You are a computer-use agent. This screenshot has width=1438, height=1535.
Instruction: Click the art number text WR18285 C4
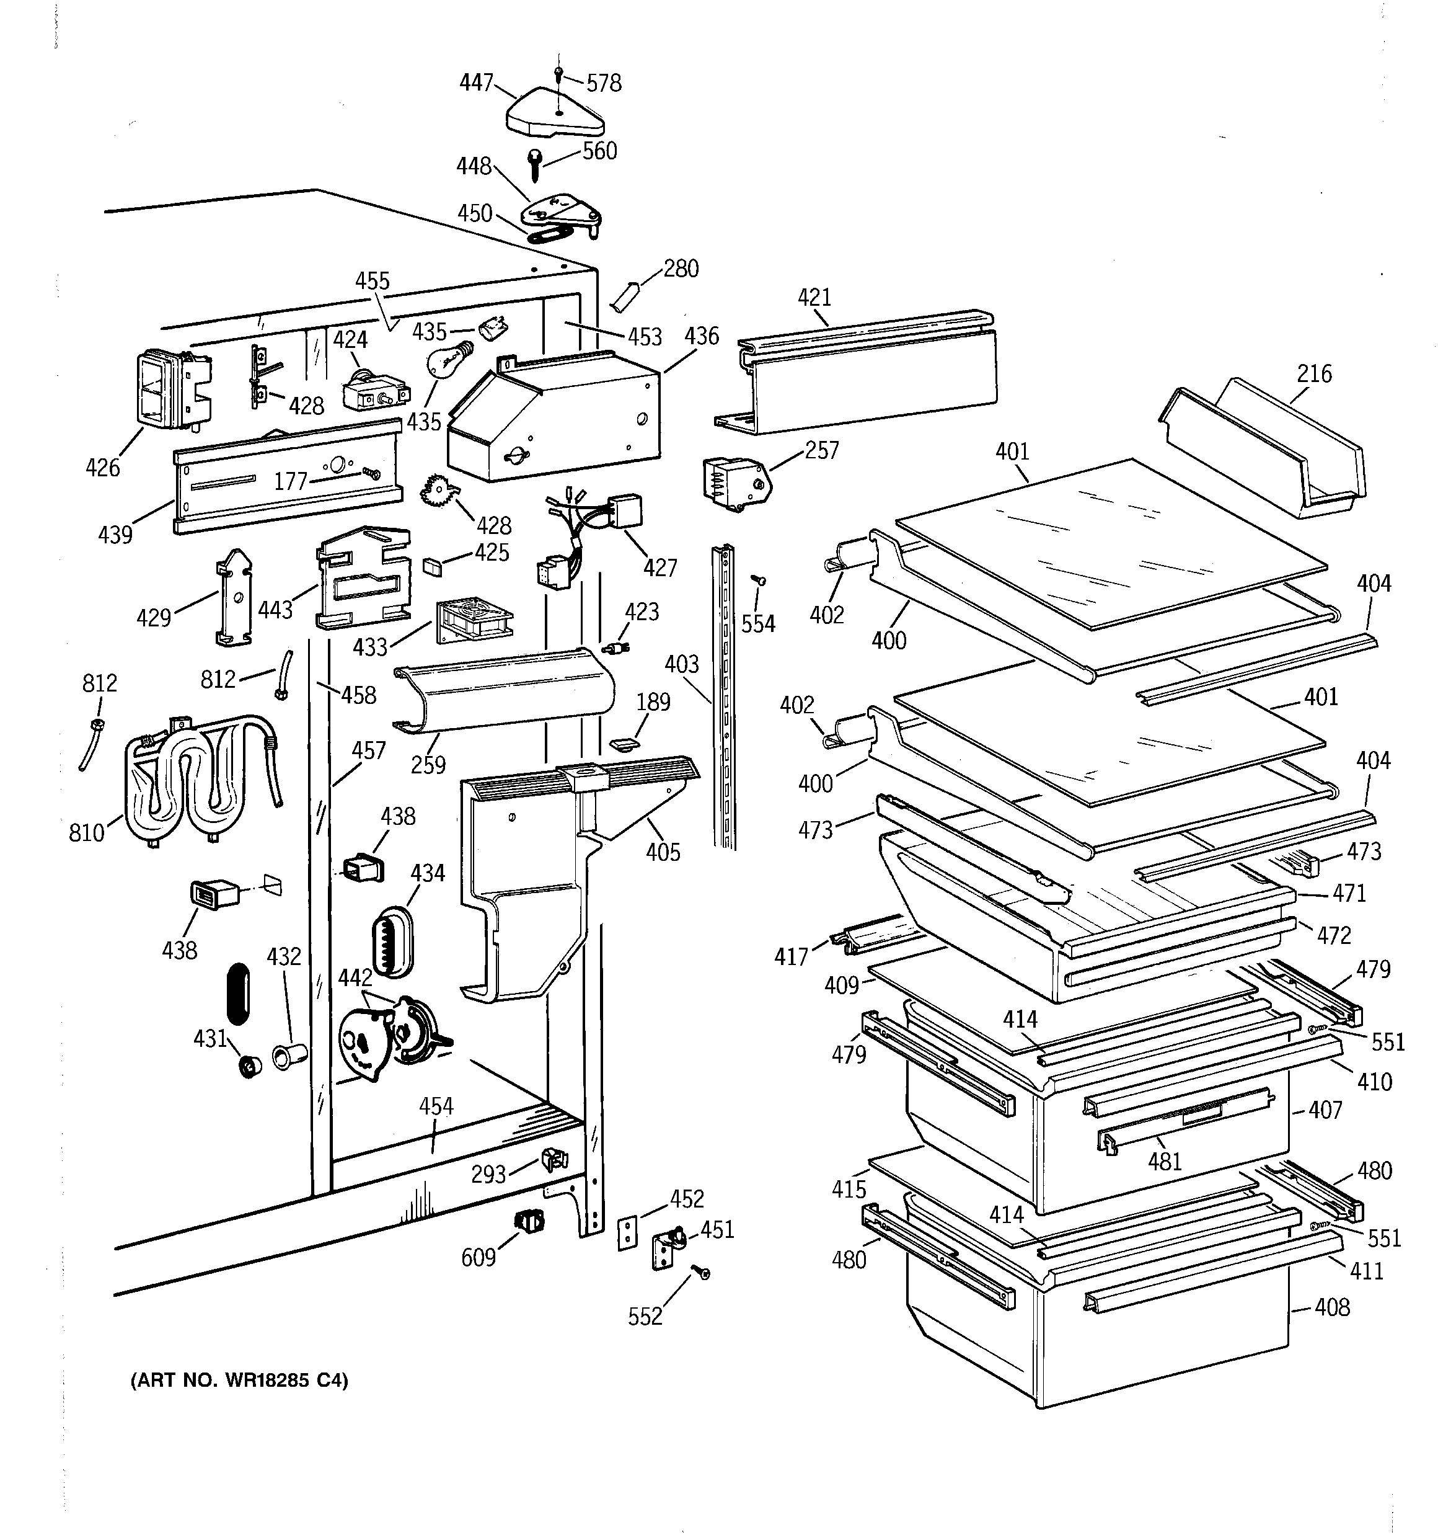click(239, 1380)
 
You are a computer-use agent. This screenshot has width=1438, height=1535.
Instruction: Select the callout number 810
click(86, 832)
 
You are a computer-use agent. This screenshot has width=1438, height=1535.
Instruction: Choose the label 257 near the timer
click(821, 450)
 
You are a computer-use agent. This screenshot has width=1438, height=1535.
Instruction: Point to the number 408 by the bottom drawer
click(1332, 1307)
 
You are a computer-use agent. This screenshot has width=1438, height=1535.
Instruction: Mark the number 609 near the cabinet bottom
click(478, 1258)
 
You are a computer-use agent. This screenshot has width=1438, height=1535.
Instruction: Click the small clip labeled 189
click(624, 744)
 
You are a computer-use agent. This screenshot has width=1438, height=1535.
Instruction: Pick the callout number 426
click(103, 467)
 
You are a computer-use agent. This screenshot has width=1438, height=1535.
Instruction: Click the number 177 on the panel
click(291, 481)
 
